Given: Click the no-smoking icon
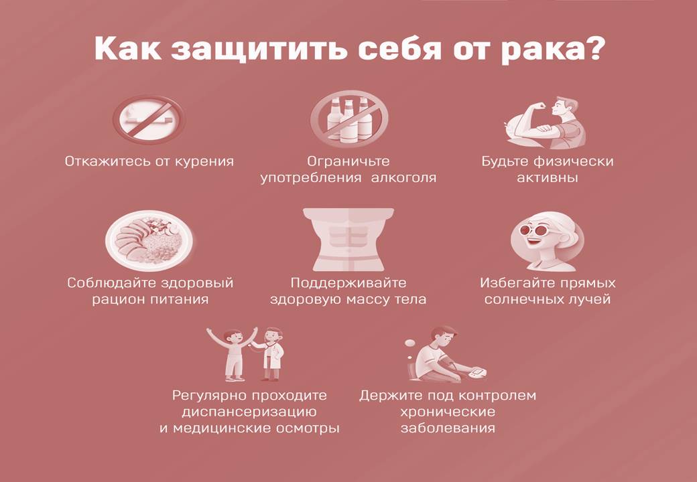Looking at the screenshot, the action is coord(149,119).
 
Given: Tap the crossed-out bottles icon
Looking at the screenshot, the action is coord(349,119).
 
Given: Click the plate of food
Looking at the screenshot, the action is coord(149,240).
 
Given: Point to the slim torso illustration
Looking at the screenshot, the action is coord(348,239).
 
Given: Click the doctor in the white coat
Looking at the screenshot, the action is coord(270,353).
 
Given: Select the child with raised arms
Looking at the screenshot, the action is coord(233,354).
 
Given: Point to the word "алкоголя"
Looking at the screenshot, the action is coord(403,178).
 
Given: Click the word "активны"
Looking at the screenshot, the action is coord(547,178).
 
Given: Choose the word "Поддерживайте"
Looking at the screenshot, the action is coord(348,283).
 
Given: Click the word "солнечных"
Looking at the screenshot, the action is coord(522,300).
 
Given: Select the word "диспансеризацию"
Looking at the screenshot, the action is coord(249,412).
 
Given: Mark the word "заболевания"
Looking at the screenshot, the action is coord(448,428).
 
